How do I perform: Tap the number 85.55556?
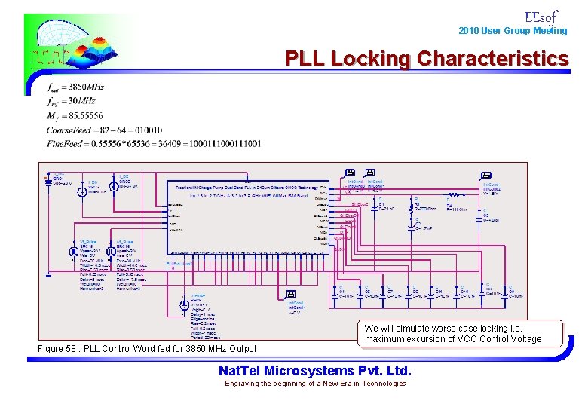coord(85,115)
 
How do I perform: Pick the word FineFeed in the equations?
coord(64,143)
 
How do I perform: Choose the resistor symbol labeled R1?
coord(416,204)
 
